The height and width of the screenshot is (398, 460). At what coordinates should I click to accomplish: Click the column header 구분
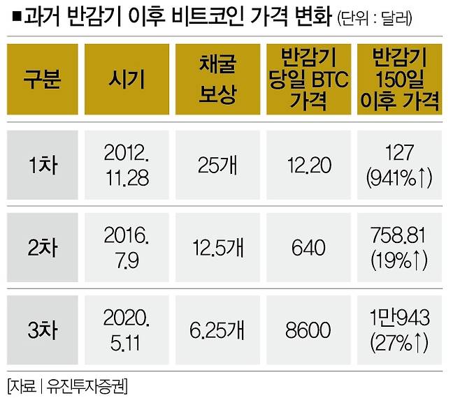(x=43, y=80)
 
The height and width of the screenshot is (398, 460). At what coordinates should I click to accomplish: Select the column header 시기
(x=127, y=80)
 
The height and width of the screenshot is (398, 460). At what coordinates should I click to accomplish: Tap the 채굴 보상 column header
(x=215, y=80)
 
